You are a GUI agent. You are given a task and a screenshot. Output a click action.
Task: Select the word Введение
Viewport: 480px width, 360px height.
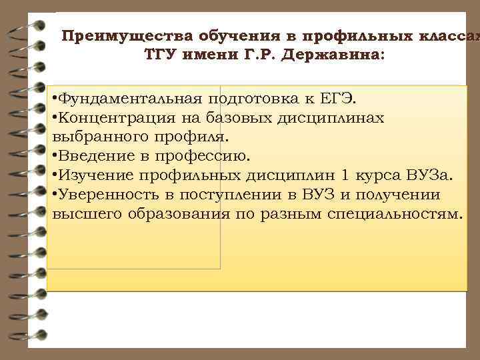click(93, 157)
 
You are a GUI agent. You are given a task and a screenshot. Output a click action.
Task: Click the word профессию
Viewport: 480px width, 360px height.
click(211, 157)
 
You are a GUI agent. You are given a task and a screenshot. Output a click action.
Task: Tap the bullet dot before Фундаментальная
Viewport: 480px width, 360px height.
click(54, 100)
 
